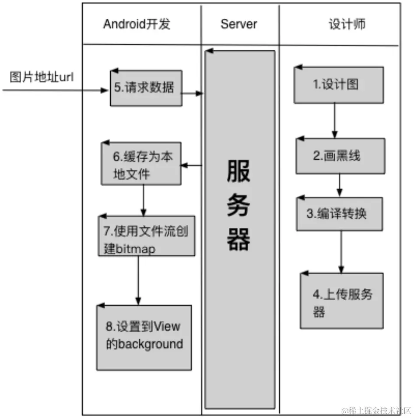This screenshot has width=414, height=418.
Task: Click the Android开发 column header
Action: (x=137, y=24)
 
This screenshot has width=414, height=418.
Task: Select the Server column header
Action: (x=239, y=24)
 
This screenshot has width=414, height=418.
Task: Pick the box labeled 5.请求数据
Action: (x=146, y=88)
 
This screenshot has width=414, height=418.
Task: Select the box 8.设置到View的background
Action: (x=144, y=337)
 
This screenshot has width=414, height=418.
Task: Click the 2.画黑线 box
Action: (x=340, y=156)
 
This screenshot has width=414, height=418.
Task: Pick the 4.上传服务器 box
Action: (x=341, y=301)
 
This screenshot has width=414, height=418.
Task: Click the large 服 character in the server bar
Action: (x=239, y=171)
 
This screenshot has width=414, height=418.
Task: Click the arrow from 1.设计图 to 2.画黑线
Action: (x=335, y=120)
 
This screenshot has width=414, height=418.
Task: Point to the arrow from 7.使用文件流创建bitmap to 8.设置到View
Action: (x=138, y=280)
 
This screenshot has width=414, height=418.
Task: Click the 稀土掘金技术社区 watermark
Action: (x=377, y=411)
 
